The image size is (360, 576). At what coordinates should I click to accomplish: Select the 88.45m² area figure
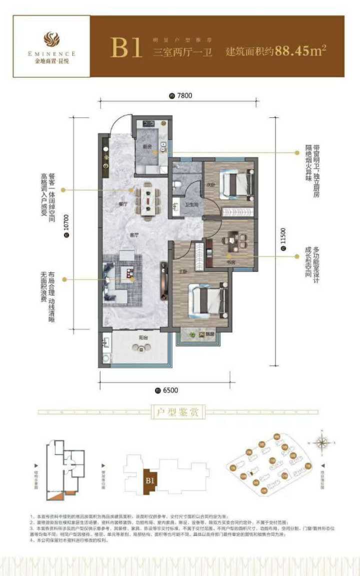pyautogui.click(x=298, y=51)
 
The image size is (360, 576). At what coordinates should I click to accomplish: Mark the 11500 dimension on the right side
pyautogui.click(x=282, y=240)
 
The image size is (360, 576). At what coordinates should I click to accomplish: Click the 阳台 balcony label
pyautogui.click(x=143, y=338)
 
